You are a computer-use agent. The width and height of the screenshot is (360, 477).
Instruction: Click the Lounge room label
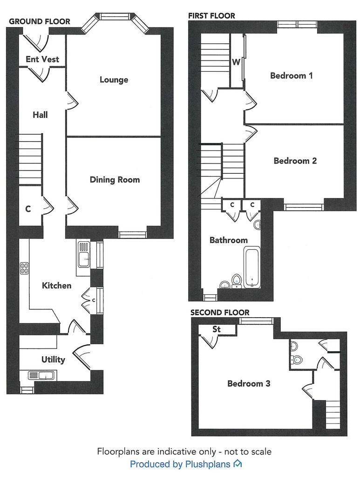tap(114, 80)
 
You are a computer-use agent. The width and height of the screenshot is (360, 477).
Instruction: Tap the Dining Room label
tap(115, 180)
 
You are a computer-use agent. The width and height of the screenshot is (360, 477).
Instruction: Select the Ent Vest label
tap(42, 59)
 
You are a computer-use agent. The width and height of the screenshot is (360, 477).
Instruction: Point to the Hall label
tap(40, 115)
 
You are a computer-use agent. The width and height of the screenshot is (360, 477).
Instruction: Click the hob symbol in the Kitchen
tap(25, 268)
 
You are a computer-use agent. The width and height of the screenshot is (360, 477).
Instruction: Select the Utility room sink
tap(41, 375)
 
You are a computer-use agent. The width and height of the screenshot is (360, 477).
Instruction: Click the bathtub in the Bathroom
tap(252, 267)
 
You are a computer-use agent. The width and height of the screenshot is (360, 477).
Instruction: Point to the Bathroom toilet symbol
tap(236, 281)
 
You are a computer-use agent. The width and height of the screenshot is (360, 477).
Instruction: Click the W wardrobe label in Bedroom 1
tap(236, 62)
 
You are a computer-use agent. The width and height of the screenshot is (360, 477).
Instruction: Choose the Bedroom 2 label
tap(295, 161)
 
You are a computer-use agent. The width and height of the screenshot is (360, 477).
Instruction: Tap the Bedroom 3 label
tap(249, 383)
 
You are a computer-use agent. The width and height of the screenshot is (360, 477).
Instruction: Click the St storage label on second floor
tap(217, 329)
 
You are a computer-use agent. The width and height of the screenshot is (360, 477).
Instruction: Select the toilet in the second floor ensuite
tap(296, 360)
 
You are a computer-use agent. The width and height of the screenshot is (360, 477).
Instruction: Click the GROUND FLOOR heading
tap(40, 21)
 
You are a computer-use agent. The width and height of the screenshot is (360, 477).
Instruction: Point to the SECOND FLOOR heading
tap(220, 313)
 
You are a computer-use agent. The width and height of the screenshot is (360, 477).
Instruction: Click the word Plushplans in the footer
tap(208, 464)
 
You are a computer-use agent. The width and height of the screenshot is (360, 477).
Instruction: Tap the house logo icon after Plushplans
tap(238, 463)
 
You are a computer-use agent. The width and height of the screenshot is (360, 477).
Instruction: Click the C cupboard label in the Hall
tap(28, 209)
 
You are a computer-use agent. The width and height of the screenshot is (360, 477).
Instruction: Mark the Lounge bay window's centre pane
tap(114, 16)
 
